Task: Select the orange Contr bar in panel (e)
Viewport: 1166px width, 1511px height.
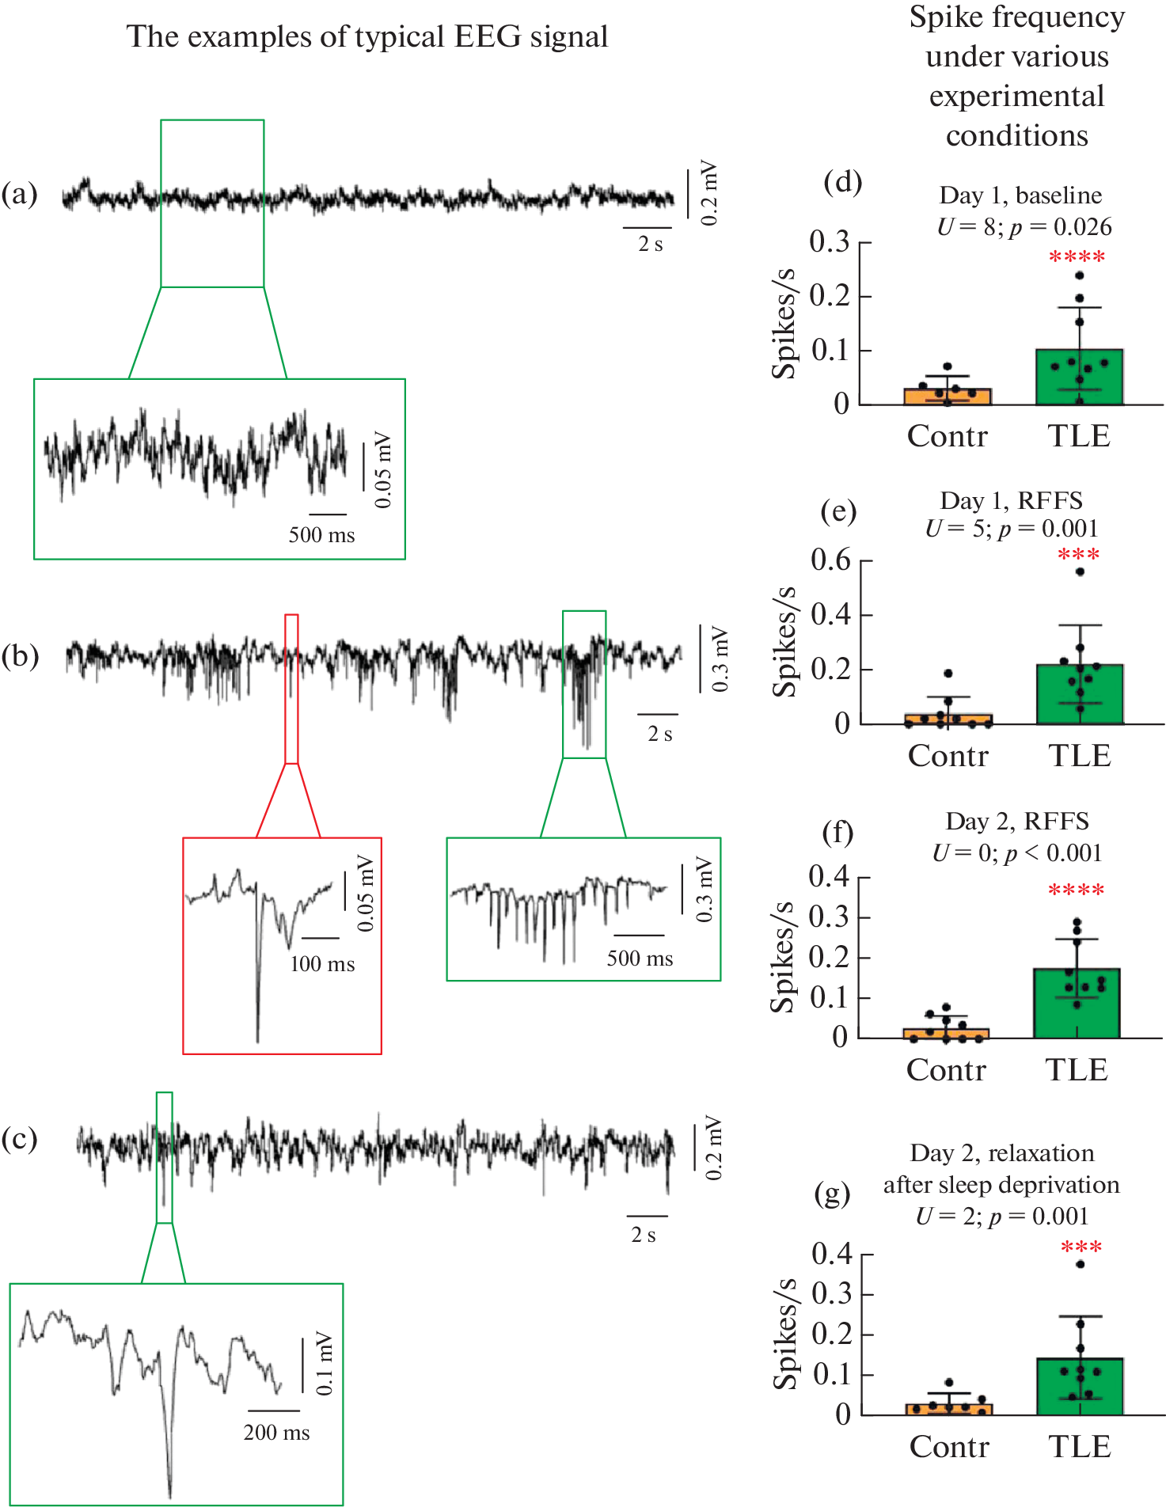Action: (x=948, y=719)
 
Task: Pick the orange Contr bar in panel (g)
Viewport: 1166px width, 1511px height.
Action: (x=948, y=1409)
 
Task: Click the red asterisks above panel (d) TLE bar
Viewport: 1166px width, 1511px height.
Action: (x=1077, y=257)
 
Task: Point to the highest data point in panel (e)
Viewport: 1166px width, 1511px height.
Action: (x=1080, y=571)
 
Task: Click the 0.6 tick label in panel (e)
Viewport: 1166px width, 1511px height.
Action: (x=830, y=560)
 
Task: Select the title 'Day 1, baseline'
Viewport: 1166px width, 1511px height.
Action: (x=1020, y=195)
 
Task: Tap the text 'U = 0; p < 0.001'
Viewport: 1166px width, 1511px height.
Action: (x=1017, y=852)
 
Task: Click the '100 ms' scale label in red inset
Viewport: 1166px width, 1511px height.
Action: (x=322, y=964)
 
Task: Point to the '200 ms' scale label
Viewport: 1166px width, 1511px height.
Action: (x=276, y=1433)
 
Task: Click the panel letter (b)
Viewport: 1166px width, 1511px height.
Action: (x=20, y=656)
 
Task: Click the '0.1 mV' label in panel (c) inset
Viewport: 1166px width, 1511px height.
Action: (x=324, y=1363)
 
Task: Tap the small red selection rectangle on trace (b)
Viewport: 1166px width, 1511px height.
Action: (x=291, y=689)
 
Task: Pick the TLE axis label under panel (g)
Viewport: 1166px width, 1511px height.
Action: (x=1080, y=1447)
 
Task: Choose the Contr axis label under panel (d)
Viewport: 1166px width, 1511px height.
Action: (x=948, y=436)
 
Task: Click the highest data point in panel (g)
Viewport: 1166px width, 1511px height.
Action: (x=1081, y=1264)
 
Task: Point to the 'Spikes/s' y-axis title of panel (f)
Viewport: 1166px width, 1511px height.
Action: (x=783, y=957)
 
